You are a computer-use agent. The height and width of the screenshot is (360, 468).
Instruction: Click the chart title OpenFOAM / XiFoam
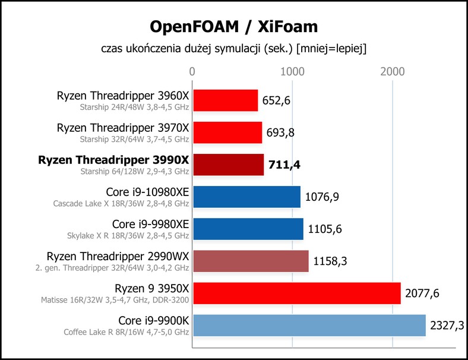coord(233,27)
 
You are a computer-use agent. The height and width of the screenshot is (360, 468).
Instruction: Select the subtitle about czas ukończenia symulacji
coord(233,49)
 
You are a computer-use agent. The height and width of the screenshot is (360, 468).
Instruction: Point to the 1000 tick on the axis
coord(292,72)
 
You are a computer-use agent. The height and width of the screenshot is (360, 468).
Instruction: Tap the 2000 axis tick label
coord(393,72)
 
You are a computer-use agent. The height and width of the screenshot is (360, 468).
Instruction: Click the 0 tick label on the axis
coord(192,72)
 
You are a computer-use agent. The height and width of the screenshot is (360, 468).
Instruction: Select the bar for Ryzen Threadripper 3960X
coord(225,100)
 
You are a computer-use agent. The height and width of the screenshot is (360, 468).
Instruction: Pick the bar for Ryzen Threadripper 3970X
coord(227,132)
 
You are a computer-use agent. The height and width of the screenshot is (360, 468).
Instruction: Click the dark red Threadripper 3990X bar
coord(228,165)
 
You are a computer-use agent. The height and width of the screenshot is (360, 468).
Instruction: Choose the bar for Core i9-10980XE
coord(247,197)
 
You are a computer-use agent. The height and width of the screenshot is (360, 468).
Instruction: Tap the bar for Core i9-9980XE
coord(248,229)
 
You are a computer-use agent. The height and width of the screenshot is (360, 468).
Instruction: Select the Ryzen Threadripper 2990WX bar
coord(251,261)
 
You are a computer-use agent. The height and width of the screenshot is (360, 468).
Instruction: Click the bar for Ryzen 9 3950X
coord(297,293)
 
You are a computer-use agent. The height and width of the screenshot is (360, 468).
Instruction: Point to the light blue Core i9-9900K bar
coord(309,326)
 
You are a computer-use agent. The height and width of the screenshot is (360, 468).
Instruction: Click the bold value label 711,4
coord(284,165)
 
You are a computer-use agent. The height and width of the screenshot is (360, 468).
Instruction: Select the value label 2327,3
coord(447,326)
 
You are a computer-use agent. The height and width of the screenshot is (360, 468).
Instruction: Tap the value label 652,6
coord(276,100)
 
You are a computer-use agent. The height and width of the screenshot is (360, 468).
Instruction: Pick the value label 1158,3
coord(330,261)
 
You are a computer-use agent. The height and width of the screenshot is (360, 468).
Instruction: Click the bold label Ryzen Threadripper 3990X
coord(113,160)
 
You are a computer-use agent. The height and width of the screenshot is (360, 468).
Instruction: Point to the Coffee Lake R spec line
coord(127,332)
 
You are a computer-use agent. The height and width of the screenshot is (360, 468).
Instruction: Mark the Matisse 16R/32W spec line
coord(115,299)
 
